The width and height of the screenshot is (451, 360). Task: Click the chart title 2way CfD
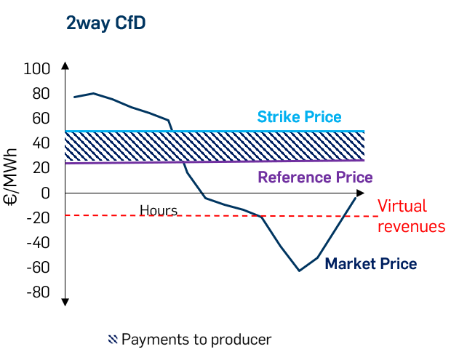click(x=106, y=23)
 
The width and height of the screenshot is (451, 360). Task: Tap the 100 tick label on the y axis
click(x=37, y=69)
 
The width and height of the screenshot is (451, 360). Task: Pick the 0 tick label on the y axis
click(x=45, y=193)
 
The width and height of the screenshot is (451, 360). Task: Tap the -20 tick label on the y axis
click(x=37, y=217)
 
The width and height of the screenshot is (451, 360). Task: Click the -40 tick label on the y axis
click(x=37, y=242)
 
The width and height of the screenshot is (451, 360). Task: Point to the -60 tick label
click(x=37, y=267)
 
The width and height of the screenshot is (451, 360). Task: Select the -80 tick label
click(x=37, y=292)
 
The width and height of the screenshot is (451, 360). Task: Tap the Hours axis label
click(x=159, y=211)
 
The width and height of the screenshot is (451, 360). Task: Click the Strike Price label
click(x=299, y=117)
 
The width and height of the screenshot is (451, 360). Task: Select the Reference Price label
click(x=315, y=177)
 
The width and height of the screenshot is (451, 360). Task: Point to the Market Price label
click(x=371, y=263)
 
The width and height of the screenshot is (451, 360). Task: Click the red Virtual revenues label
click(x=411, y=216)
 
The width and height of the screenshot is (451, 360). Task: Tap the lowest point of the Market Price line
click(x=299, y=271)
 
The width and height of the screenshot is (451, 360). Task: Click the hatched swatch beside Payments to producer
click(x=113, y=339)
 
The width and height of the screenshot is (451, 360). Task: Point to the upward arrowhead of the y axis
click(x=65, y=66)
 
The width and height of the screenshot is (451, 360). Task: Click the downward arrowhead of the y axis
click(x=65, y=300)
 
